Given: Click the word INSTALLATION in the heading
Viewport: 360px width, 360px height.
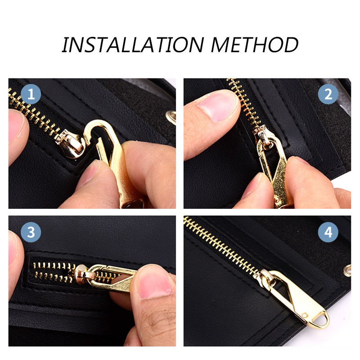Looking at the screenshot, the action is [x=133, y=45].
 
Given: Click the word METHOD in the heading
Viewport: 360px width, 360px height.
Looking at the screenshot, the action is [x=255, y=45].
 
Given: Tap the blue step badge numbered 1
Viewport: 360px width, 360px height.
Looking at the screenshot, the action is [x=31, y=94].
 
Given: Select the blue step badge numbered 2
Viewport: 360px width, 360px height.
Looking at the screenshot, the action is [x=328, y=94].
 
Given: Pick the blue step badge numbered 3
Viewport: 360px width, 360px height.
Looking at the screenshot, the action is [x=31, y=232].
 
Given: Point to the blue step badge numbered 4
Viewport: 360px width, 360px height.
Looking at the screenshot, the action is [x=328, y=232].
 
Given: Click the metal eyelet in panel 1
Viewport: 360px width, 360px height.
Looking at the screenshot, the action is [x=171, y=117].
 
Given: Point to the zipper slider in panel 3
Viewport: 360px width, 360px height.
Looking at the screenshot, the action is [x=84, y=274].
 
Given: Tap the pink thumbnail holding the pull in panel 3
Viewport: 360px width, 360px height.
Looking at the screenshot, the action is [x=154, y=283].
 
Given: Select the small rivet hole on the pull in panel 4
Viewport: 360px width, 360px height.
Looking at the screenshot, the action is [x=305, y=315].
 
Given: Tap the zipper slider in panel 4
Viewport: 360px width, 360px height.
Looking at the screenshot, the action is [x=266, y=277].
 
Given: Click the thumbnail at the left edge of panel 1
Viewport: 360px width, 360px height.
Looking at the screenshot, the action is [x=16, y=125].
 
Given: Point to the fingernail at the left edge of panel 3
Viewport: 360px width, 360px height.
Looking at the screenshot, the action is [x=12, y=248].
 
